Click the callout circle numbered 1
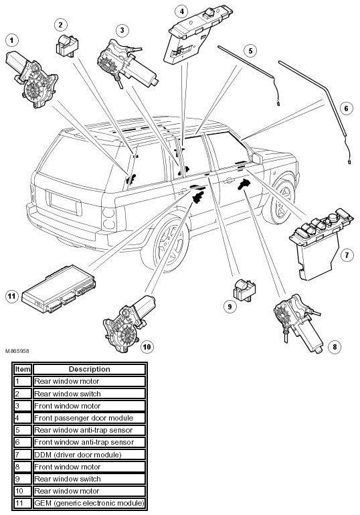point(12,40)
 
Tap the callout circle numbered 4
point(182,11)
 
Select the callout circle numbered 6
point(346,108)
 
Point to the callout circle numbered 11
point(12,296)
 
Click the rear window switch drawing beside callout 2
point(67,46)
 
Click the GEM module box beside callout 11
point(59,289)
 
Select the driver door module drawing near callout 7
point(320,243)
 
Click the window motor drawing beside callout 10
point(128,325)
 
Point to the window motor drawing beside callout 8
point(298,323)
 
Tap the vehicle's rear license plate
point(64,203)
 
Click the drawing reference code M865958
point(17,351)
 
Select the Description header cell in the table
point(89,369)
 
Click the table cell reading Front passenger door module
point(89,418)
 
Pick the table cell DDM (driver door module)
point(89,455)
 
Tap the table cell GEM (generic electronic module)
point(89,503)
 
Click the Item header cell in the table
point(22,369)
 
